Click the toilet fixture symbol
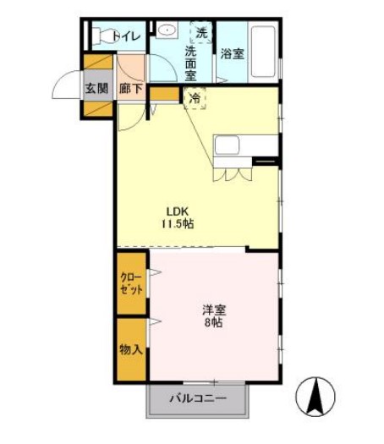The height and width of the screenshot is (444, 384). pyautogui.click(x=106, y=36)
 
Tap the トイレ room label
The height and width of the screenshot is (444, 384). pyautogui.click(x=127, y=36)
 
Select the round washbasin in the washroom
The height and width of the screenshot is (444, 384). pyautogui.click(x=167, y=30)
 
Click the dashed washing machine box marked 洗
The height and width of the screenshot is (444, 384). pyautogui.click(x=201, y=33)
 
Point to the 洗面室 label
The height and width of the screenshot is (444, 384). pyautogui.click(x=190, y=63)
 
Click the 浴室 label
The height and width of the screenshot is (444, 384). pyautogui.click(x=232, y=54)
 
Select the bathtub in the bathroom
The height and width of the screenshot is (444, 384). pyautogui.click(x=263, y=52)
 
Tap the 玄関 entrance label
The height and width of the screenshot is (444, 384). pyautogui.click(x=96, y=89)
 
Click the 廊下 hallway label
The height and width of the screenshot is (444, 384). pyautogui.click(x=130, y=89)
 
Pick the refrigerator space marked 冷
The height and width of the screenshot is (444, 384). pyautogui.click(x=195, y=98)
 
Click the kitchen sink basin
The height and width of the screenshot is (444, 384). pyautogui.click(x=227, y=145)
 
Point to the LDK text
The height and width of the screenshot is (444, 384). pyautogui.click(x=178, y=211)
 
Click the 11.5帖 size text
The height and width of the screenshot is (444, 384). pyautogui.click(x=178, y=224)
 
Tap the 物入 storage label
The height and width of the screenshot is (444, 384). pyautogui.click(x=131, y=350)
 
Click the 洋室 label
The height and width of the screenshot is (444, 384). pyautogui.click(x=214, y=310)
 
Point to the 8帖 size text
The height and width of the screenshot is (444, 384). pyautogui.click(x=213, y=323)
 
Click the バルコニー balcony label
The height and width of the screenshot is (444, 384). pyautogui.click(x=198, y=398)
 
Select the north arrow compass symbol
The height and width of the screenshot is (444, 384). pyautogui.click(x=315, y=397)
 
